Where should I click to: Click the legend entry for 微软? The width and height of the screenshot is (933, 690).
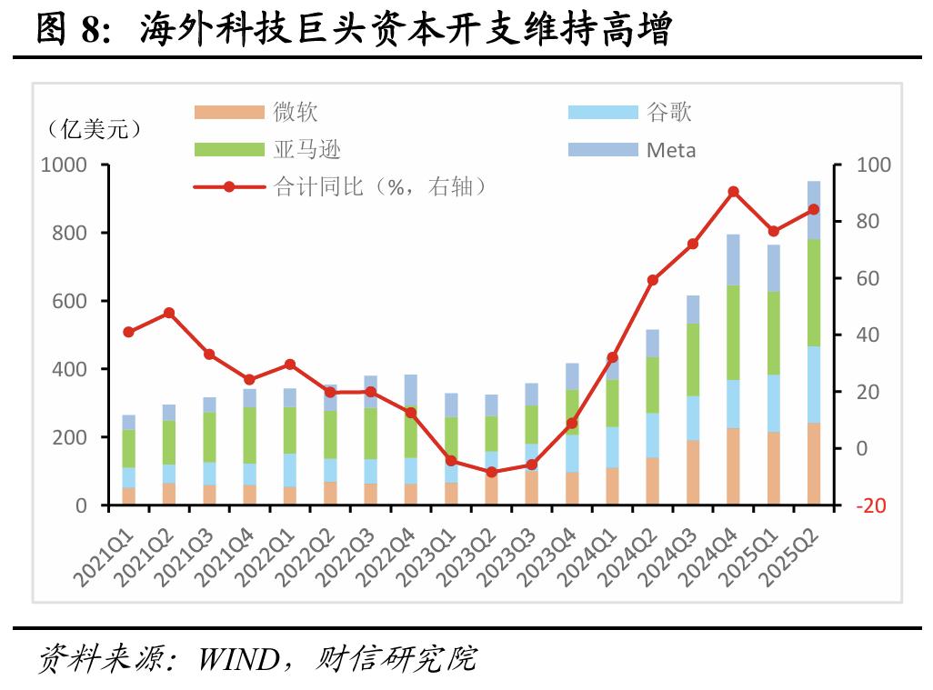[256, 112]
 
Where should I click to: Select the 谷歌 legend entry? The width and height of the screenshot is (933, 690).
[630, 112]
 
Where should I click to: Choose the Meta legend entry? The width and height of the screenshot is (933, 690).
[632, 150]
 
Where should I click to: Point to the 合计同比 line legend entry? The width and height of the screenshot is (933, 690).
[340, 186]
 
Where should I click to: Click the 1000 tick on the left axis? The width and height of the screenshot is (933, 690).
[64, 165]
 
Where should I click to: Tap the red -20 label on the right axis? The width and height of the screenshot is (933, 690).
[870, 505]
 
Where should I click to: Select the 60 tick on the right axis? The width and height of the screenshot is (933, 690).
[868, 278]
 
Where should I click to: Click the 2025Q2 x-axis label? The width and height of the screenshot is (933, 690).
[791, 556]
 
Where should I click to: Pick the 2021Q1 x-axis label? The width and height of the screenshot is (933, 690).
[103, 556]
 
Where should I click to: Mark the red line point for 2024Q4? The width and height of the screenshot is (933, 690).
[733, 192]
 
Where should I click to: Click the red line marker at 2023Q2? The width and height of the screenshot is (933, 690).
[491, 472]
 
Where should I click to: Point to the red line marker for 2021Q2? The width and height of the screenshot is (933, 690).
[169, 313]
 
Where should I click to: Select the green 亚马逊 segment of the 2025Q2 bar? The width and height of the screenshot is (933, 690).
[813, 293]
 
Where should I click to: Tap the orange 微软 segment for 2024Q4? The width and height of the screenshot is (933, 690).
[733, 466]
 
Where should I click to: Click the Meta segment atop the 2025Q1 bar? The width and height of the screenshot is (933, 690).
[774, 268]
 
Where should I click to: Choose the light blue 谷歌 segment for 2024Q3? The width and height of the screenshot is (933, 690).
[693, 418]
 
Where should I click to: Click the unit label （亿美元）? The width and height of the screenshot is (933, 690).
[95, 128]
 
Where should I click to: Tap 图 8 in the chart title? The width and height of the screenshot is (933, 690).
[74, 28]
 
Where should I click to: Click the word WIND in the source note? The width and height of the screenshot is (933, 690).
[239, 659]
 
